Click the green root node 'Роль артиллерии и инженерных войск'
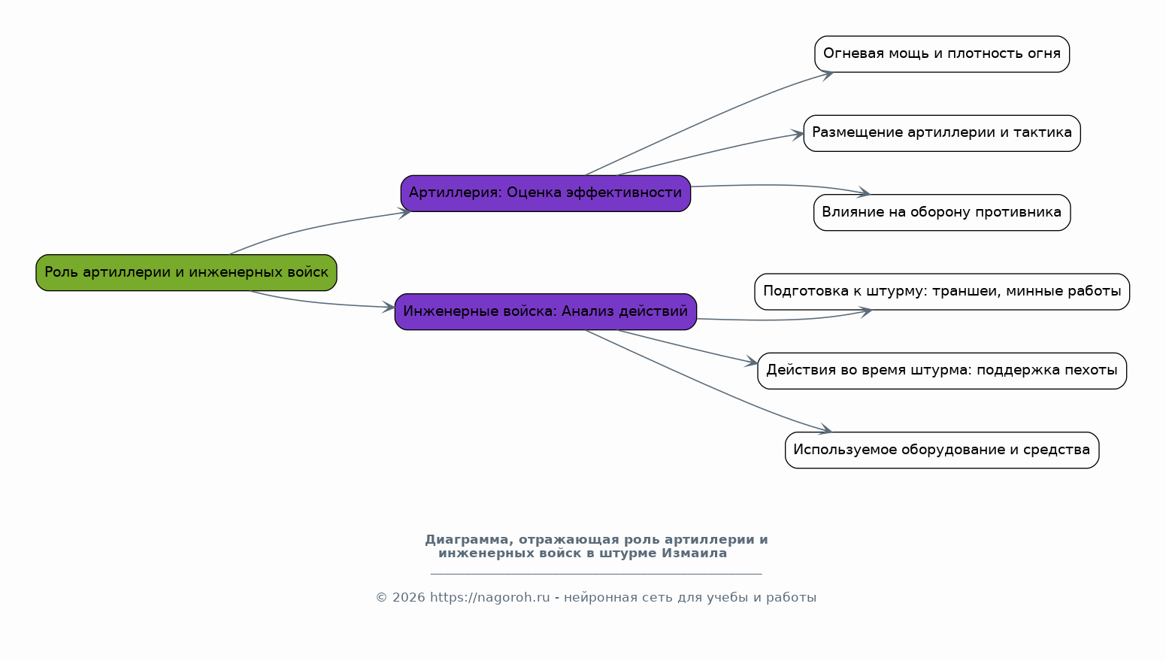pyautogui.click(x=186, y=272)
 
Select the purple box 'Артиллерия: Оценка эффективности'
pyautogui.click(x=546, y=193)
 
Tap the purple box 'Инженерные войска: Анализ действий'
pyautogui.click(x=546, y=311)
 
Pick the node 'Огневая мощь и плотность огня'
pyautogui.click(x=942, y=54)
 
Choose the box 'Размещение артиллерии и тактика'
pyautogui.click(x=942, y=133)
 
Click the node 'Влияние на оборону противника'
pyautogui.click(x=942, y=213)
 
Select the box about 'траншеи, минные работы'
pyautogui.click(x=942, y=292)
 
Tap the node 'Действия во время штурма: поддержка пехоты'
pyautogui.click(x=942, y=371)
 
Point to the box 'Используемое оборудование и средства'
pyautogui.click(x=942, y=450)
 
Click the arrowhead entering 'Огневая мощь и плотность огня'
pyautogui.click(x=828, y=75)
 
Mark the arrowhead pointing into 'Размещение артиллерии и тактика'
pyautogui.click(x=798, y=135)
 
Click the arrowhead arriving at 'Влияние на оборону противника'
pyautogui.click(x=863, y=193)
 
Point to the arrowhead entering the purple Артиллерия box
pyautogui.click(x=404, y=213)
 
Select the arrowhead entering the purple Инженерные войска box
pyautogui.click(x=388, y=307)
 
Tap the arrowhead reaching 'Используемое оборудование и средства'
pyautogui.click(x=825, y=429)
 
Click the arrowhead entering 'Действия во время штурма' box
pyautogui.click(x=751, y=362)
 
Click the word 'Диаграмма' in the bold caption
pyautogui.click(x=470, y=540)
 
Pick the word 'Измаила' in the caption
pyautogui.click(x=695, y=553)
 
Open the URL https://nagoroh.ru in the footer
pyautogui.click(x=490, y=597)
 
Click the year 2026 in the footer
pyautogui.click(x=409, y=597)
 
